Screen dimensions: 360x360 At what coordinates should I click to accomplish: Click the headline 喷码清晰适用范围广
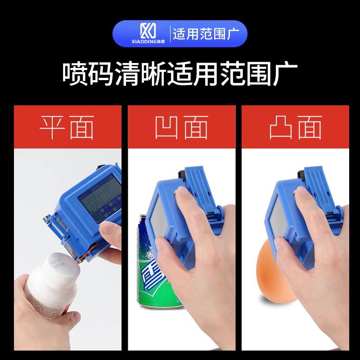(180, 75)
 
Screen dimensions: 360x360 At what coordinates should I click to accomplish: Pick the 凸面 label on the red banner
(295, 127)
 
